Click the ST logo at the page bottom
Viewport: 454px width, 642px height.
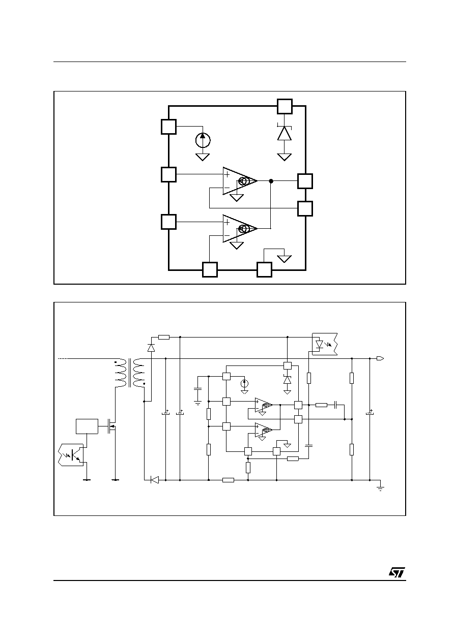coord(397,572)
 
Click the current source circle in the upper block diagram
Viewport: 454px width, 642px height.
coord(203,140)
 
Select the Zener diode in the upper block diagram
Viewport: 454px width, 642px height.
coord(284,133)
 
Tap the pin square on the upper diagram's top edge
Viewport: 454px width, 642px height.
coord(285,106)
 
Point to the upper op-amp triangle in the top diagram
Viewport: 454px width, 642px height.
coord(240,181)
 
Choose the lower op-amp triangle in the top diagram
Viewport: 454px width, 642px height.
coord(240,228)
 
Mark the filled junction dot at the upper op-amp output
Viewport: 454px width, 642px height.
coord(271,181)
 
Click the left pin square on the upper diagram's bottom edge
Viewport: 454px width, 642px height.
coord(210,270)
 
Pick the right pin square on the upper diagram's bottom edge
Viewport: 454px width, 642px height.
coord(264,270)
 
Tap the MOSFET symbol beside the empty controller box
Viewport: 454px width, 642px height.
coord(111,426)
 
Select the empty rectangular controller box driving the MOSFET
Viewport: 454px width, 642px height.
coord(87,426)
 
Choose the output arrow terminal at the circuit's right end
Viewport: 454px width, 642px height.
coord(380,358)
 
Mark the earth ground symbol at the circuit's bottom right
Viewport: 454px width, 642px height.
coord(380,488)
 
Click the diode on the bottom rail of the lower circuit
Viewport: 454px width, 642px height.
coord(155,480)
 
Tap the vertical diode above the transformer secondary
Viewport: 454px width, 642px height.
coord(151,348)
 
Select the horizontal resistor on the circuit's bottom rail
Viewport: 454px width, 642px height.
coord(228,480)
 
